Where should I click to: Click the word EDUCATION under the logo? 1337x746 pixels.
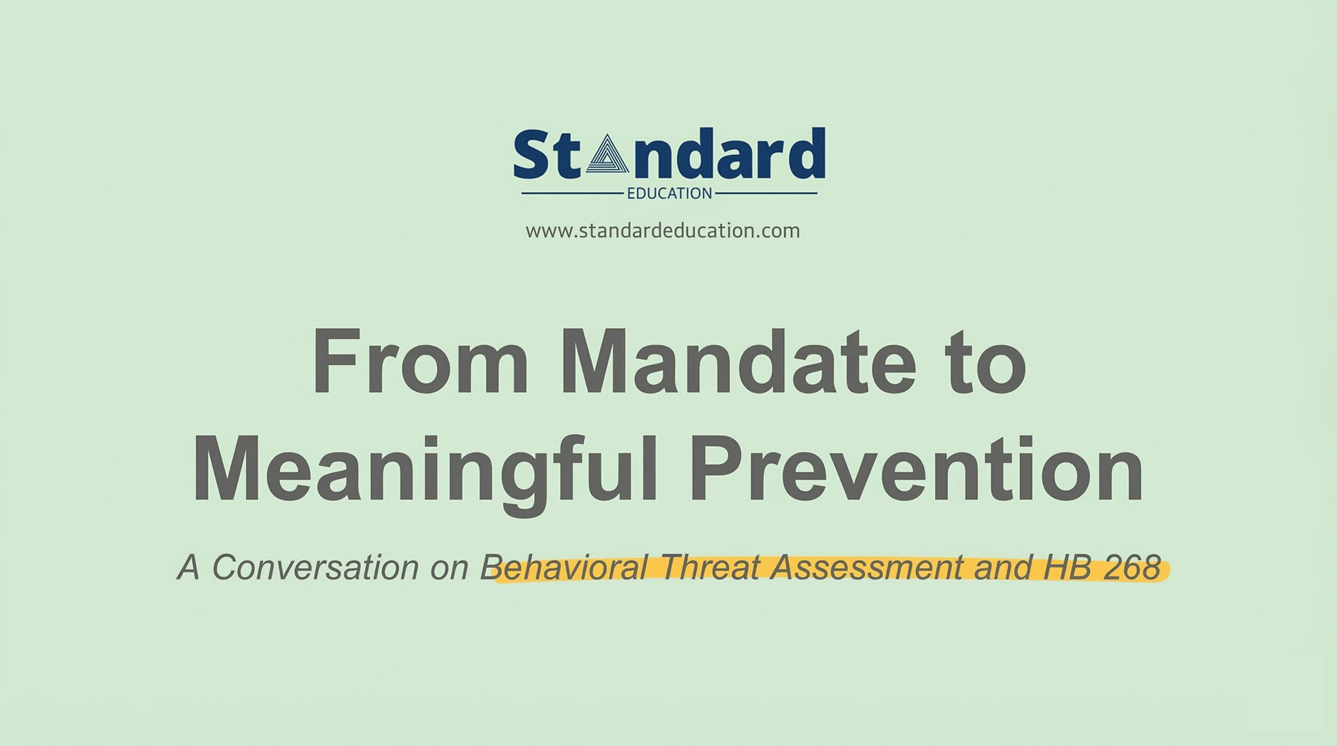click(669, 194)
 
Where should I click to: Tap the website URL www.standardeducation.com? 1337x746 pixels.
click(662, 231)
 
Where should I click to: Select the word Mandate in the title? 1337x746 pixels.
click(737, 364)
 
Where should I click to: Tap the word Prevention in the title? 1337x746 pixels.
click(916, 470)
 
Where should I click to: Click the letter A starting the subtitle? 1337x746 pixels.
click(188, 567)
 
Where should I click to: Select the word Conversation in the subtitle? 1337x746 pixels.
click(315, 567)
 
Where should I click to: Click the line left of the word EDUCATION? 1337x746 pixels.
click(572, 193)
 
